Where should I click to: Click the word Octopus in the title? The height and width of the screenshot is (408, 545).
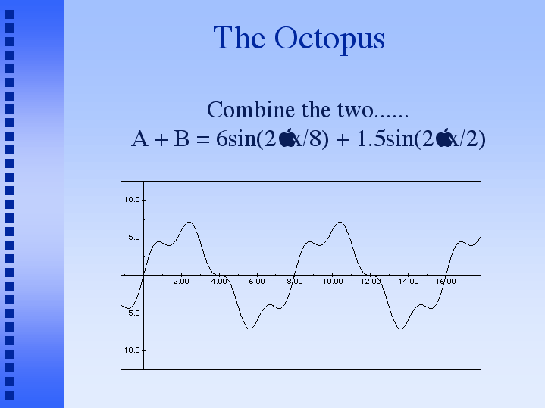(x=330, y=39)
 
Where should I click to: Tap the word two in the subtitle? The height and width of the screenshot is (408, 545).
(x=355, y=111)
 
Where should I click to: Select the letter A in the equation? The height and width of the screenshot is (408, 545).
(x=139, y=139)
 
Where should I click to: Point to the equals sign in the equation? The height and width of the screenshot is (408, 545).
(x=203, y=139)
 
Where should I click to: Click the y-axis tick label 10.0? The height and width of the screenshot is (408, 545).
(x=132, y=200)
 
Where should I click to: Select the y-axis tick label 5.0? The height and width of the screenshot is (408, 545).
(x=134, y=238)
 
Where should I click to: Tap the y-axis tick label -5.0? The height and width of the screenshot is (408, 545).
(x=133, y=313)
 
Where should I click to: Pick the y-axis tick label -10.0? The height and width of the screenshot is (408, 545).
(x=130, y=350)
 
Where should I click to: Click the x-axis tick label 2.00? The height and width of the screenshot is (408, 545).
(x=181, y=282)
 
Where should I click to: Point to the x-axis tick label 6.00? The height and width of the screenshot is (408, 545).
(x=256, y=282)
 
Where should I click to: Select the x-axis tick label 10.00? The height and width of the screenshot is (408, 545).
(x=333, y=282)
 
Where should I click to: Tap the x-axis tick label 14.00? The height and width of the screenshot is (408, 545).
(x=409, y=282)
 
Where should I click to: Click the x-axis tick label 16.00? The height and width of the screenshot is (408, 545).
(x=446, y=282)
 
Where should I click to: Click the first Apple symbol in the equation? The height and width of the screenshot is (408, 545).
(x=287, y=137)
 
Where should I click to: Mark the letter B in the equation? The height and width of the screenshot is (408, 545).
(x=181, y=139)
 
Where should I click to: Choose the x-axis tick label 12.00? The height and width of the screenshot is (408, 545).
(x=371, y=282)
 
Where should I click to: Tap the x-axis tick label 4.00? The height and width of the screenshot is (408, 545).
(x=219, y=282)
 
